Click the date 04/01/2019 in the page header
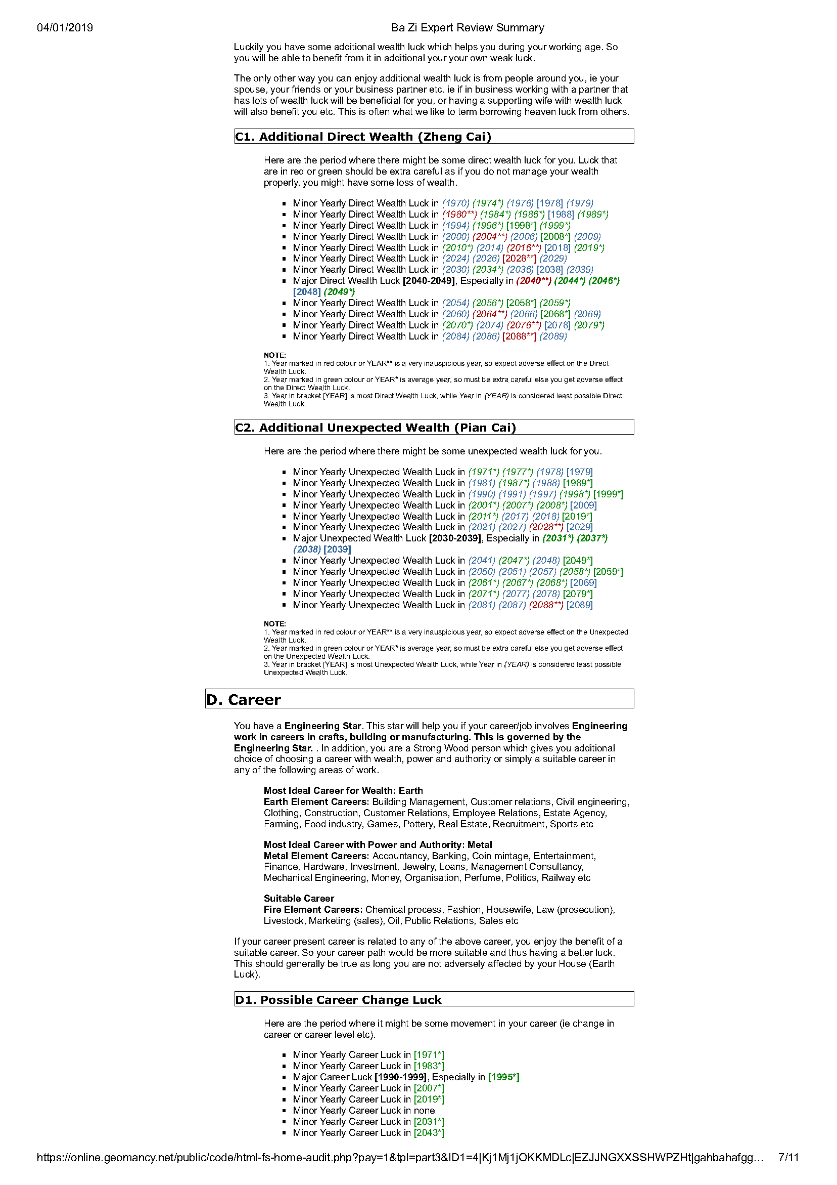click(65, 28)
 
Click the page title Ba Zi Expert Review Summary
click(467, 28)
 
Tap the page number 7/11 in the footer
click(787, 1158)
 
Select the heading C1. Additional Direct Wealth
click(363, 137)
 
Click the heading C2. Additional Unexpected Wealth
click(376, 428)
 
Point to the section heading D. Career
click(244, 699)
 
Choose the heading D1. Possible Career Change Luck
click(338, 1000)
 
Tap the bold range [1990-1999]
click(401, 1077)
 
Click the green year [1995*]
click(503, 1077)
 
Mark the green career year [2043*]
click(429, 1133)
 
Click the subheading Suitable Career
click(299, 899)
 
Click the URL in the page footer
click(400, 1158)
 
